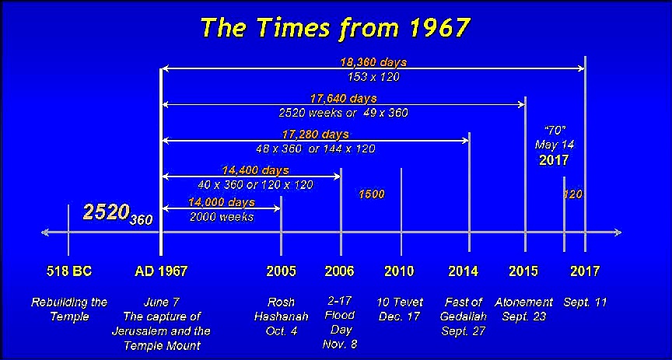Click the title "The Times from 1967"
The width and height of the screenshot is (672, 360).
[335, 27]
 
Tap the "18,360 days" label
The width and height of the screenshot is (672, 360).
[373, 62]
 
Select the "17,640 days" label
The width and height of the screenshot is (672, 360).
[344, 99]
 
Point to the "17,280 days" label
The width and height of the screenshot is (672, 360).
[315, 135]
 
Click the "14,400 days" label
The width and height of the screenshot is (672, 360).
[255, 170]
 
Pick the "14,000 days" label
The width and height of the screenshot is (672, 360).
[222, 202]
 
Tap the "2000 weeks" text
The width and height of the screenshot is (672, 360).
[222, 217]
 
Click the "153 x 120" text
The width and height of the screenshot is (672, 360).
[373, 77]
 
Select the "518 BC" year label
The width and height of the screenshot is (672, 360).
[69, 271]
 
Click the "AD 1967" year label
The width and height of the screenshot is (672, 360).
[161, 271]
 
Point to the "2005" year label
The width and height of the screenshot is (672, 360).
[281, 271]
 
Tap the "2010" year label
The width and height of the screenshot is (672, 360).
[400, 271]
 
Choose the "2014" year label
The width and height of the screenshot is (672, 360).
[464, 271]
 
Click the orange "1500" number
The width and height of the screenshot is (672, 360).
[372, 194]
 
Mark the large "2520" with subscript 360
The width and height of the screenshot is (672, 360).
[118, 213]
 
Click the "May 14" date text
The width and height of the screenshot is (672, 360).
[554, 145]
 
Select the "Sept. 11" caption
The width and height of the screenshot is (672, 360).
[585, 302]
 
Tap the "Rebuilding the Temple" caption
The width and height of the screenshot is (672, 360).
[69, 309]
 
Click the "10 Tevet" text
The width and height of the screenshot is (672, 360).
[400, 302]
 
